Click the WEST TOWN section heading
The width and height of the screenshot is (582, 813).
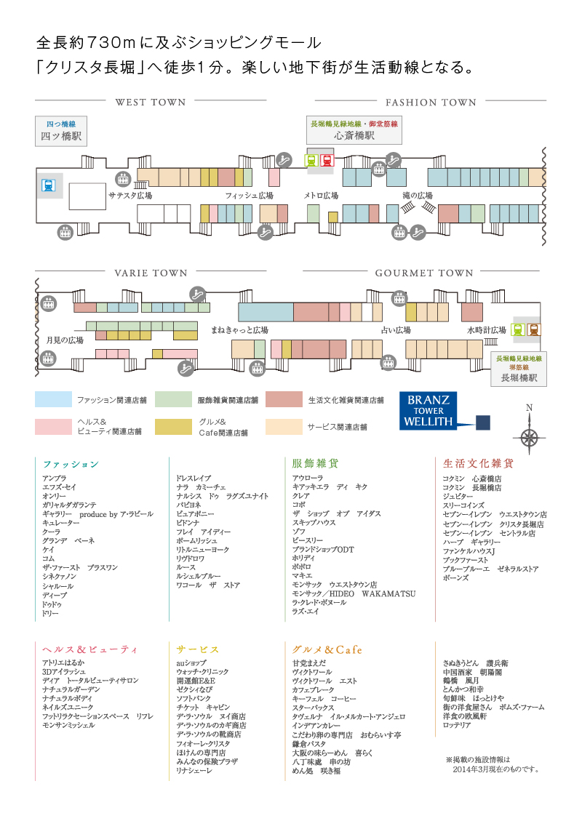tap(151, 103)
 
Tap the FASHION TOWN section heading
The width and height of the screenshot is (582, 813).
tap(431, 103)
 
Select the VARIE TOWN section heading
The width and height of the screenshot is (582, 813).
tap(151, 273)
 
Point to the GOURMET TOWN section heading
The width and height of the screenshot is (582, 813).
tap(424, 273)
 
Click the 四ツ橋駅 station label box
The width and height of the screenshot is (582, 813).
tap(60, 130)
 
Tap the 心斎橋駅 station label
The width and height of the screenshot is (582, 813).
tap(354, 130)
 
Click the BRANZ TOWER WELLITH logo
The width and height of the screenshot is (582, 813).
tap(428, 412)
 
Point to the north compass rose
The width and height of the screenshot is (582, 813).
tap(530, 436)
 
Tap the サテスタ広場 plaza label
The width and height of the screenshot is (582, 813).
tap(130, 196)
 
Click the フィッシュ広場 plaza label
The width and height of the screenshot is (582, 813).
tap(249, 196)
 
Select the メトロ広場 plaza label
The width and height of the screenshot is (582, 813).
tap(321, 196)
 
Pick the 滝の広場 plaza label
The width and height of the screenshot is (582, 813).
tap(418, 196)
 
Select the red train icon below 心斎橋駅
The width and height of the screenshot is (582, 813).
tap(327, 160)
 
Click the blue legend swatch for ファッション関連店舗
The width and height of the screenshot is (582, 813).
tap(54, 399)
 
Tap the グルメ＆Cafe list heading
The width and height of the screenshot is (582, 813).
tap(327, 649)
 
